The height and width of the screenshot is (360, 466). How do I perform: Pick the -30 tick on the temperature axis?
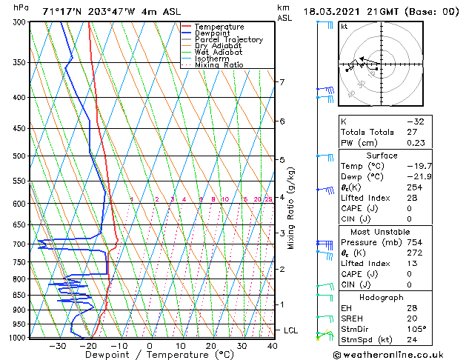click(x=57, y=346)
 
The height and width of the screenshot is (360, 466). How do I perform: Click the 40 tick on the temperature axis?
click(x=272, y=346)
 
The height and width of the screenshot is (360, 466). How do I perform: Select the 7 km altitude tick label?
click(x=282, y=81)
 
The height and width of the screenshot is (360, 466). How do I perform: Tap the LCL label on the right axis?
click(x=290, y=330)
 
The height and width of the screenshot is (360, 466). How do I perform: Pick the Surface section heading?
click(x=382, y=156)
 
